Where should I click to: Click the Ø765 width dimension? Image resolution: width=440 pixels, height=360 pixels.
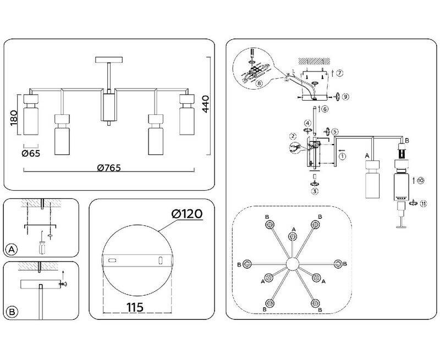click(109, 168)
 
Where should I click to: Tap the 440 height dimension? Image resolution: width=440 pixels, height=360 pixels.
click(206, 104)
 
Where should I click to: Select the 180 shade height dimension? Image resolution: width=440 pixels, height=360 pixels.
click(13, 118)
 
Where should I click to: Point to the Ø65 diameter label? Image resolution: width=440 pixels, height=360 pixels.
click(31, 153)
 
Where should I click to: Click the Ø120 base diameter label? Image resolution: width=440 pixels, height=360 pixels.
click(187, 214)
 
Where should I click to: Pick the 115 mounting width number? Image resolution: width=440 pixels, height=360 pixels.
click(135, 307)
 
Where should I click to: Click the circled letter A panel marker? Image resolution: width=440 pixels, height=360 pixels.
click(12, 250)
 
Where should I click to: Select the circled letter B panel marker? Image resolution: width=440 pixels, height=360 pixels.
click(12, 312)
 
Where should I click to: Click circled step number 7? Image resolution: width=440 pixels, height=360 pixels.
click(339, 73)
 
